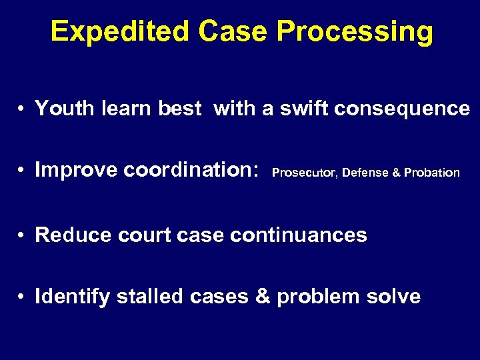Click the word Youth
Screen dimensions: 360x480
click(x=61, y=108)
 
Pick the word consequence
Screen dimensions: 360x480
click(x=402, y=108)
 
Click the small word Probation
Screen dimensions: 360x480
click(x=432, y=173)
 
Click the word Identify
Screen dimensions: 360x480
click(x=72, y=296)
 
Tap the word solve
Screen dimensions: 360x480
click(x=393, y=296)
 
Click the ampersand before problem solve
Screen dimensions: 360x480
click(x=263, y=296)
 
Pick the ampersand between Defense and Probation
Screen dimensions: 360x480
click(x=396, y=173)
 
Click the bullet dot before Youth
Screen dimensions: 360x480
click(x=22, y=109)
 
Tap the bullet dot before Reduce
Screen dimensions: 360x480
click(x=22, y=235)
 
